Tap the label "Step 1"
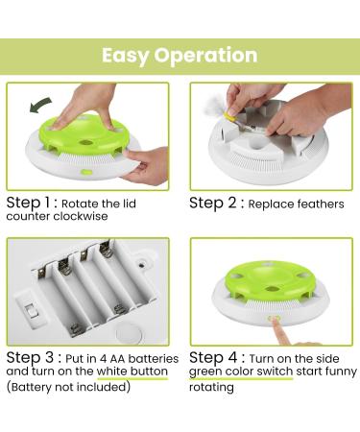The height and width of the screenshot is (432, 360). click(32, 203)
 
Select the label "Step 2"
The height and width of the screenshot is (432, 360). click(217, 203)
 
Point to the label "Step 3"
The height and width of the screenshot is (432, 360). click(32, 357)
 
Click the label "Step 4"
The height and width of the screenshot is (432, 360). click(217, 357)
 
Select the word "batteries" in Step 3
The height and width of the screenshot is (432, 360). click(146, 357)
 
